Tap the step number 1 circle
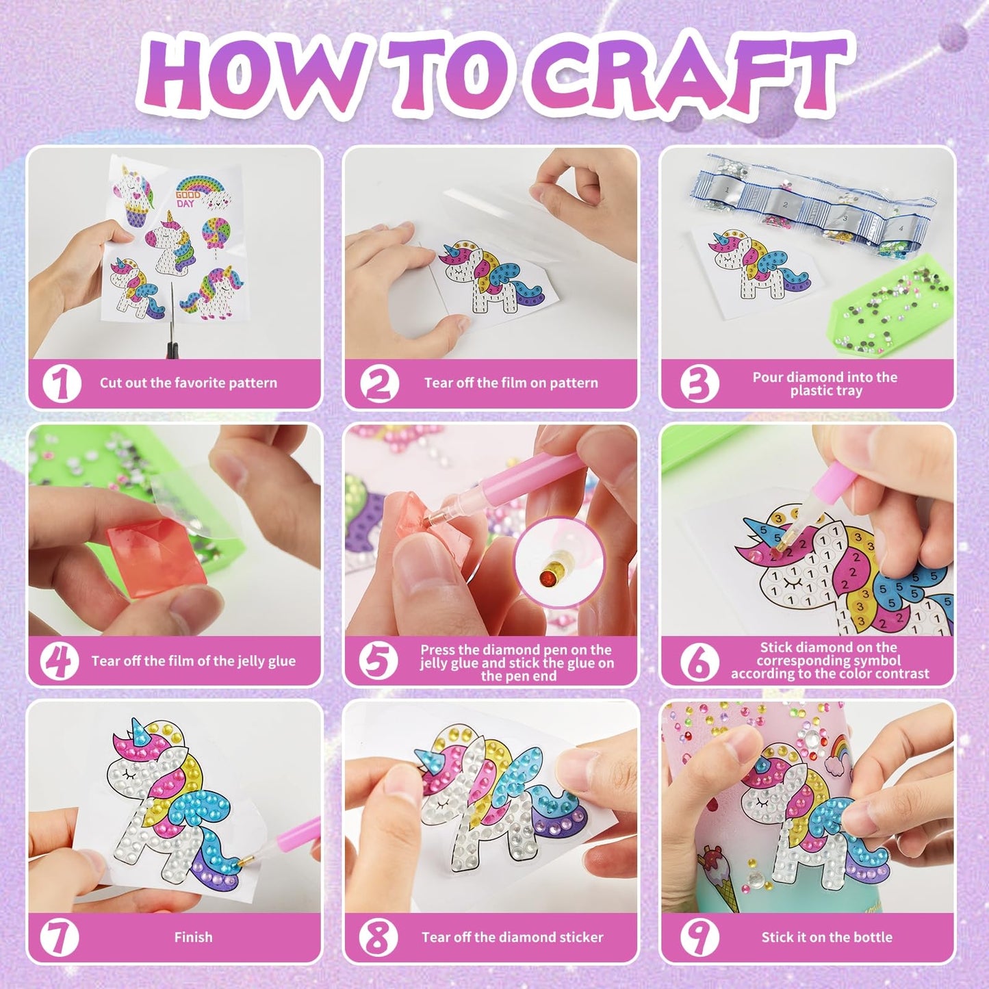[62, 383]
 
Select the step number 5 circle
[378, 661]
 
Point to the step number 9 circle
[699, 937]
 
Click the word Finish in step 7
[193, 937]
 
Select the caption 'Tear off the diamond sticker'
[512, 937]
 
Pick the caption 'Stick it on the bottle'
[827, 937]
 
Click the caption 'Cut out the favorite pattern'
[188, 383]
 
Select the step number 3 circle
[699, 383]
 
